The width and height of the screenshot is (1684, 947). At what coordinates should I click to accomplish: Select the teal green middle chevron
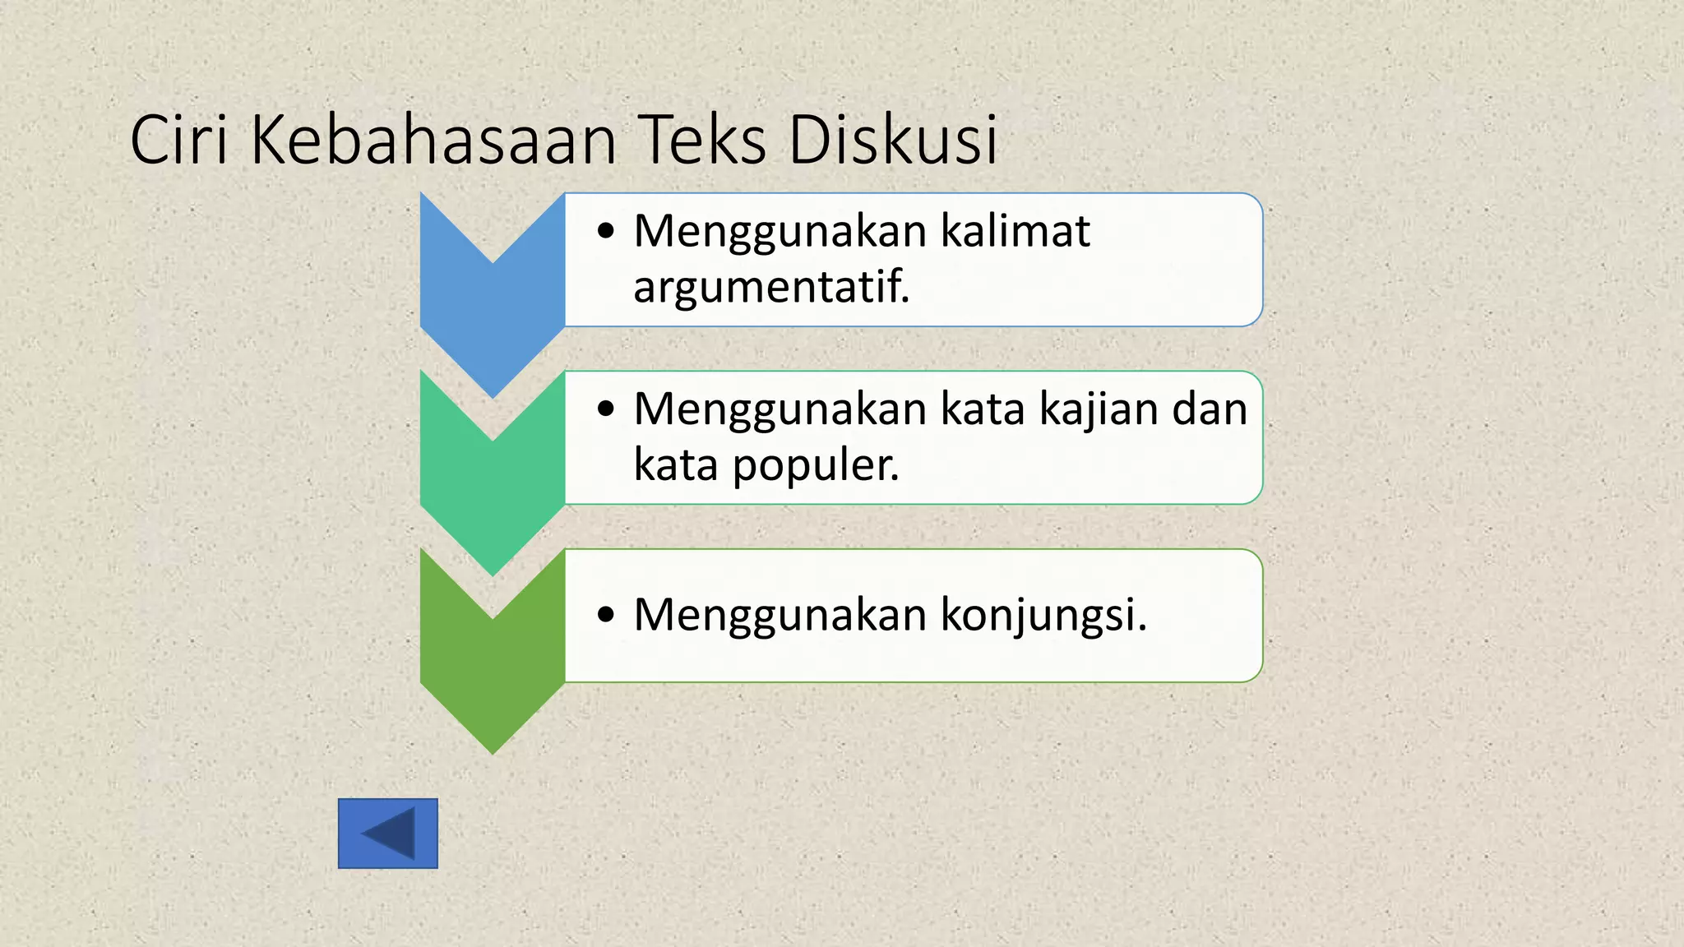click(x=493, y=493)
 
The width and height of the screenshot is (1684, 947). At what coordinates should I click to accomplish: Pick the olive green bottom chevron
click(x=493, y=674)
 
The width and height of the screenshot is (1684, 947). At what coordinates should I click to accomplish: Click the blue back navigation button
click(x=388, y=834)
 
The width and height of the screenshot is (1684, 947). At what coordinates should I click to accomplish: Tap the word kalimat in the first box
click(x=1015, y=230)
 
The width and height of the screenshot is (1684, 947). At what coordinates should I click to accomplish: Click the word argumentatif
click(x=771, y=287)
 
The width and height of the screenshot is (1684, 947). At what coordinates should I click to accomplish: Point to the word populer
click(x=816, y=465)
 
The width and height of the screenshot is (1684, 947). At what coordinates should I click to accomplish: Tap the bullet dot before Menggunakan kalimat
click(x=606, y=231)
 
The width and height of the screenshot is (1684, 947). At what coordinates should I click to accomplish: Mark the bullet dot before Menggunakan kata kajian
click(x=606, y=409)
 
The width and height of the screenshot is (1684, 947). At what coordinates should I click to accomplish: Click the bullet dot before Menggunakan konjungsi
click(x=606, y=614)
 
